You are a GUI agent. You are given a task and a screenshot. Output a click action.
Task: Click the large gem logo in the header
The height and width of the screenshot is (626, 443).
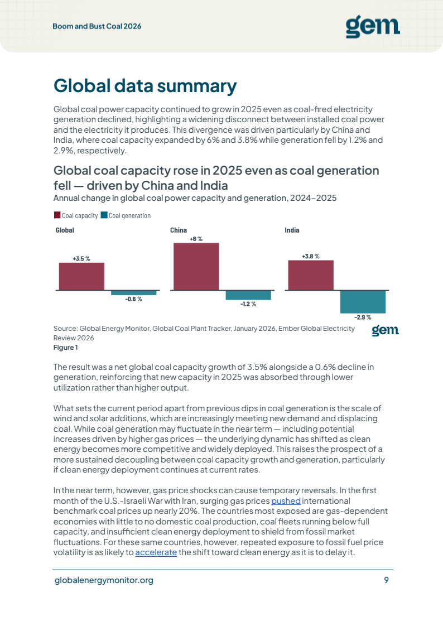[373, 27]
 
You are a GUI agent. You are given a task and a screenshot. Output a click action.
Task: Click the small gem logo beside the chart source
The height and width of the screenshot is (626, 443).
[385, 330]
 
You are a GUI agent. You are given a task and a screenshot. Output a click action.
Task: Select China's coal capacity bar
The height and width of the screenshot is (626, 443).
[196, 266]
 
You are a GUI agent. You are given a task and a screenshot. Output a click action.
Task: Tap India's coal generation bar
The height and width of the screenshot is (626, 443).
[363, 302]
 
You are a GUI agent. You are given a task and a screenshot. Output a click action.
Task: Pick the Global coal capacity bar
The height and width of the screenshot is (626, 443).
[81, 276]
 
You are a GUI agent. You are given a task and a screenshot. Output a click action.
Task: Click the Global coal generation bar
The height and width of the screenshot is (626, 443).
[134, 293]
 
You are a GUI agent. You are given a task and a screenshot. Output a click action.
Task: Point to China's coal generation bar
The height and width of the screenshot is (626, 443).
[248, 295]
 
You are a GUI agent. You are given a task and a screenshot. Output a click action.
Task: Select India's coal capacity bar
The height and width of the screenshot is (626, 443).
[311, 275]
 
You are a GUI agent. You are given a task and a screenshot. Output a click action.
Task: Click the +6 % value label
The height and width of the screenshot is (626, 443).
[196, 239]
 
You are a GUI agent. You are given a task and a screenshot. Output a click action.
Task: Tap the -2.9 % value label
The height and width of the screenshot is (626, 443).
[363, 317]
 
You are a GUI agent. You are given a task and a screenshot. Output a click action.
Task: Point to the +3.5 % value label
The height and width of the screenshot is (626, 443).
[81, 259]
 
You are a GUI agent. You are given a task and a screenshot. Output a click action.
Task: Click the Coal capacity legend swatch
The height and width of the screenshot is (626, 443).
[57, 215]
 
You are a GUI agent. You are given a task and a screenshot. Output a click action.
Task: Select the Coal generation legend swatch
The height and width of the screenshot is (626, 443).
[104, 215]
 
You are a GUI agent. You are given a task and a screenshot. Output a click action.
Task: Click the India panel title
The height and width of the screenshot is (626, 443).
[292, 230]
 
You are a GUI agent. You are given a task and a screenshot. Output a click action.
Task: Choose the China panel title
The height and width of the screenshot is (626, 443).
[179, 230]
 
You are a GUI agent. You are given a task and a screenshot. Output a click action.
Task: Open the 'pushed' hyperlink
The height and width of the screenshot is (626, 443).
[286, 500]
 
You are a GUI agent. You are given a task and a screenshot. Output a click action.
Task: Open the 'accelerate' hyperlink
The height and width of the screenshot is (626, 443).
[156, 552]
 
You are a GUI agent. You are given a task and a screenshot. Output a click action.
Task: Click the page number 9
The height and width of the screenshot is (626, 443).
[386, 580]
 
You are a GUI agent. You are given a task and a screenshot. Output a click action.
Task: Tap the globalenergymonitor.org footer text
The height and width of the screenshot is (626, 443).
[104, 580]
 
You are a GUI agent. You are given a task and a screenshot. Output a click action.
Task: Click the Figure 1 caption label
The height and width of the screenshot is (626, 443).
[65, 348]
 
